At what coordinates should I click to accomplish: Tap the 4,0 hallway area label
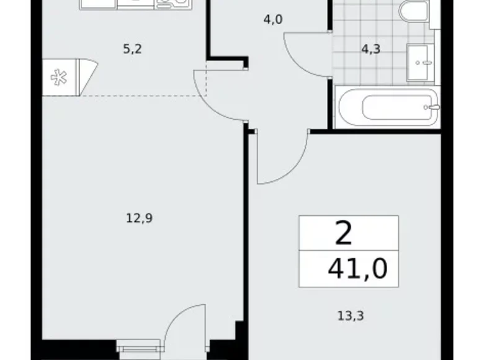click(x=273, y=19)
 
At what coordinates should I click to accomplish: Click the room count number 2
click(x=344, y=234)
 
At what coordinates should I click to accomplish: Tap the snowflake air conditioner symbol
click(x=60, y=78)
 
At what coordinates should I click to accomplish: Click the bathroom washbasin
click(x=421, y=61)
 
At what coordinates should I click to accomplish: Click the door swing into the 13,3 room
click(x=282, y=158)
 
